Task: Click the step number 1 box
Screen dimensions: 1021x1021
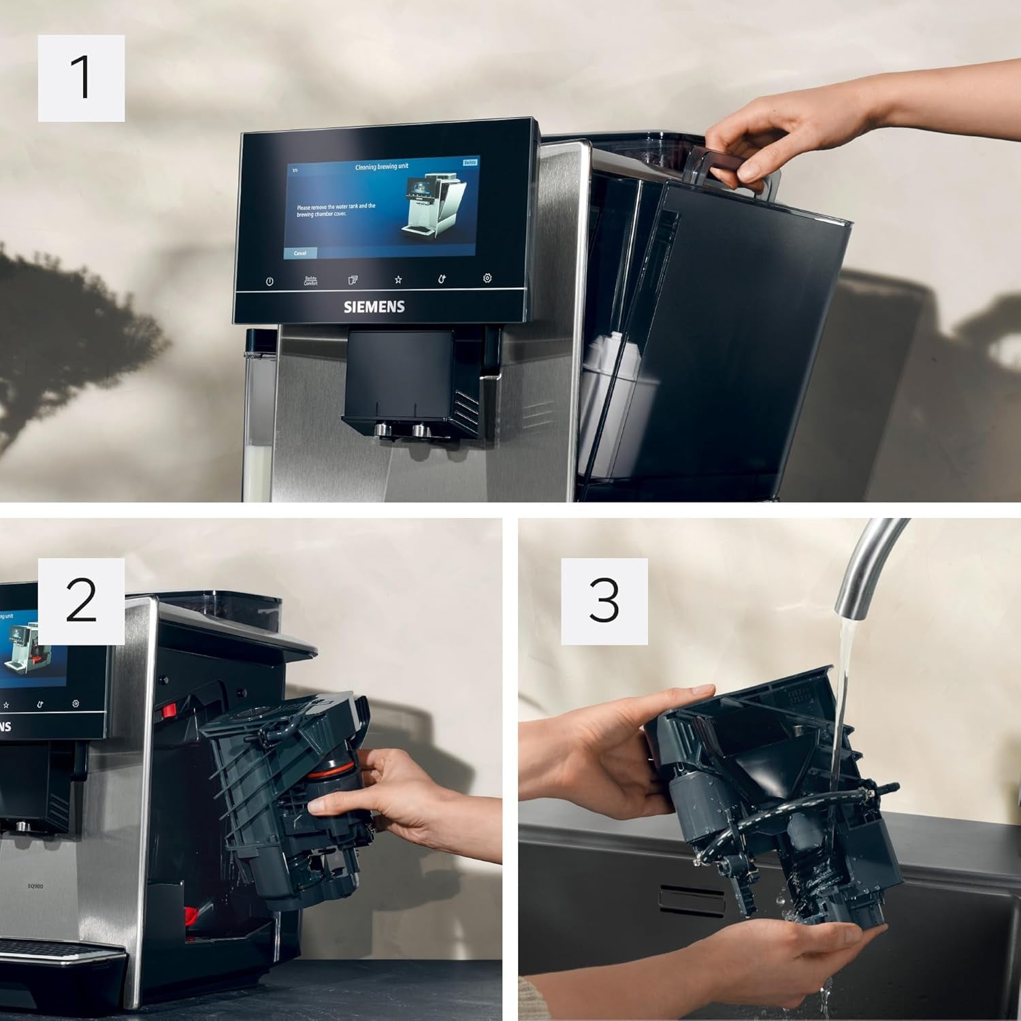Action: pyautogui.click(x=81, y=78)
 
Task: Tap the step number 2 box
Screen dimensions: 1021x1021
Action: pyautogui.click(x=81, y=601)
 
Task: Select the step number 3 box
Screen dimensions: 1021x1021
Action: pyautogui.click(x=604, y=601)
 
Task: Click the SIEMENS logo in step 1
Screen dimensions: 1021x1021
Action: pyautogui.click(x=374, y=307)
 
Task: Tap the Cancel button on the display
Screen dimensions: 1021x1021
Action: pyautogui.click(x=300, y=253)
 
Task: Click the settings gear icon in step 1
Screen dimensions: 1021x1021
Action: pyautogui.click(x=487, y=278)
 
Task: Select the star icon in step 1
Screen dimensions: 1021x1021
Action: pyautogui.click(x=398, y=279)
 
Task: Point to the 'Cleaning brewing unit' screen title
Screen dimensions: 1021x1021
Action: pyautogui.click(x=382, y=167)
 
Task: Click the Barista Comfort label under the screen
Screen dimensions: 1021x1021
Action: pyautogui.click(x=310, y=280)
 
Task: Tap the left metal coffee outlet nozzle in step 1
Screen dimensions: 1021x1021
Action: pyautogui.click(x=379, y=430)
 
